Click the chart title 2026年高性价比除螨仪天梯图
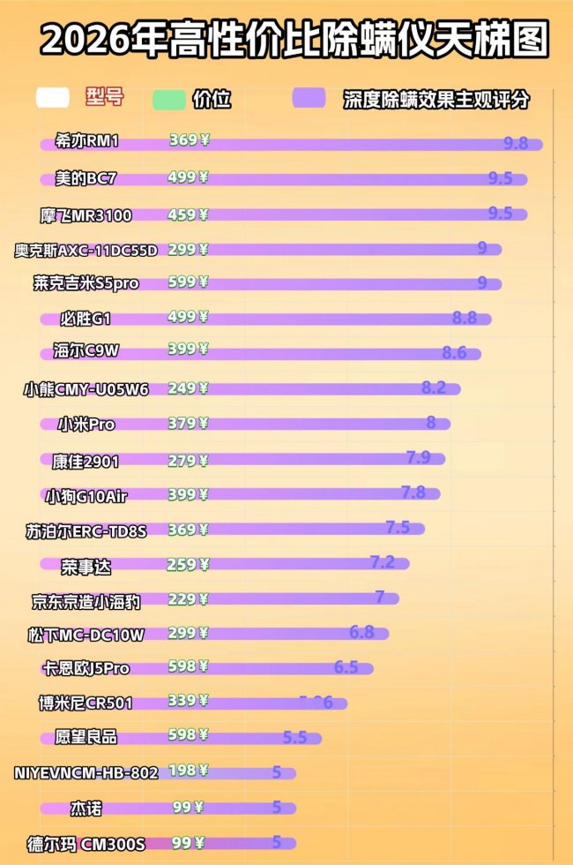click(x=294, y=40)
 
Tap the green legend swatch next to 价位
click(x=168, y=99)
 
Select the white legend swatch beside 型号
click(x=53, y=97)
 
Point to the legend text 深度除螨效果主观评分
click(x=436, y=100)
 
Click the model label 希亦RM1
click(x=86, y=141)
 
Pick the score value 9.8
click(x=516, y=143)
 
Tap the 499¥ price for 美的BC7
click(x=188, y=177)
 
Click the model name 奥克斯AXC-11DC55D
click(x=86, y=250)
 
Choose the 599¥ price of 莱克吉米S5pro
click(x=188, y=282)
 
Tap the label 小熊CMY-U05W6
click(x=86, y=388)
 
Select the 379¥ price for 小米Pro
click(x=188, y=423)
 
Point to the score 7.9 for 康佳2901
click(x=418, y=457)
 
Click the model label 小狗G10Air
click(x=86, y=495)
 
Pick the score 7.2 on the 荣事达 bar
click(x=382, y=562)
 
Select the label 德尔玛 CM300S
click(x=86, y=844)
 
